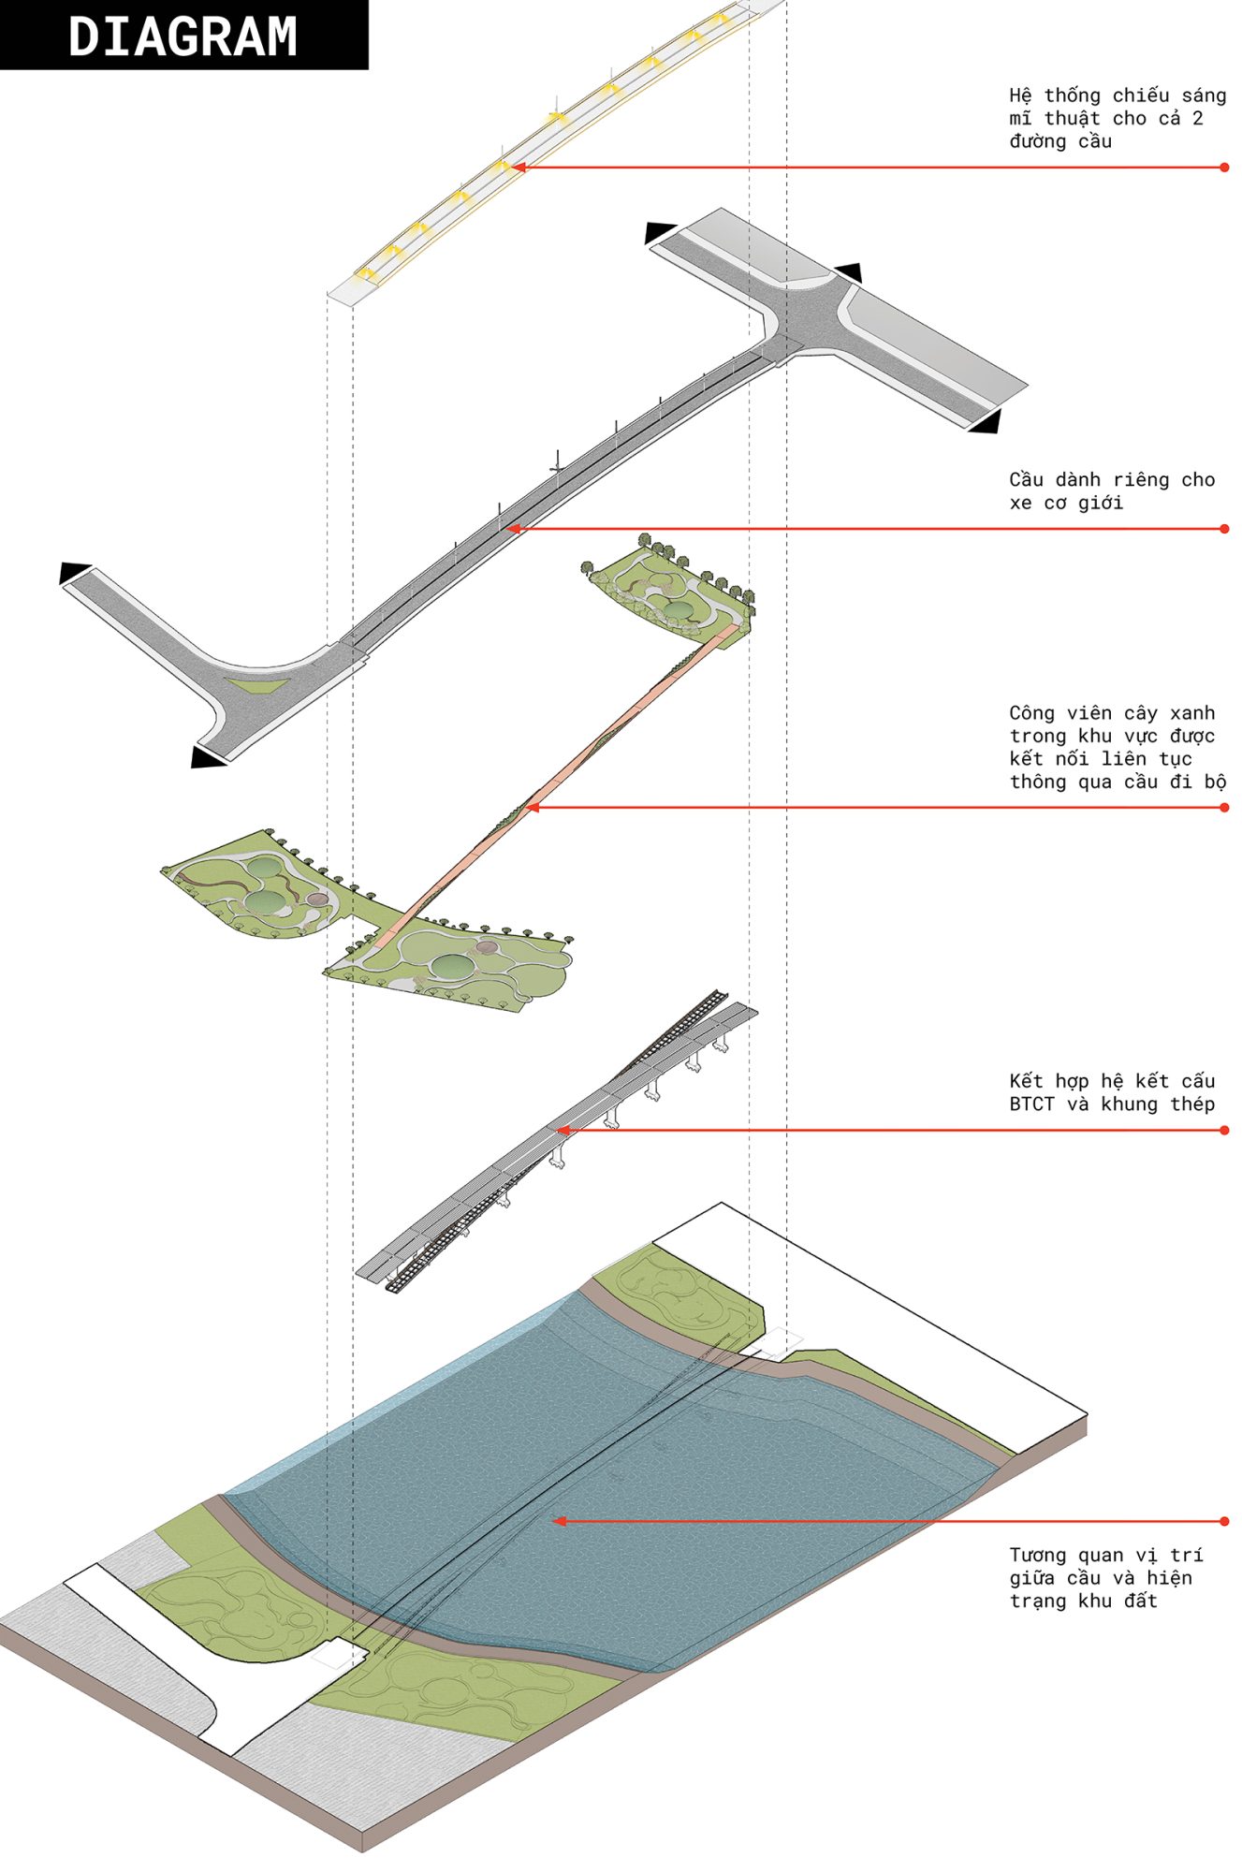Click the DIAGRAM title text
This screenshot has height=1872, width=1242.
pos(183,37)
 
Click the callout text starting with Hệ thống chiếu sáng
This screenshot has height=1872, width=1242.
pos(1118,118)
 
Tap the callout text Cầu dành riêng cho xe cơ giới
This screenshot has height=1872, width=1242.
pos(1112,490)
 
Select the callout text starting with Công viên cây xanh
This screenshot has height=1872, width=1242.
pos(1118,747)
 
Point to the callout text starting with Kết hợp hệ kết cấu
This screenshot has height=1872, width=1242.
pos(1112,1092)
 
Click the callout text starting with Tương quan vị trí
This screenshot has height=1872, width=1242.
pos(1106,1577)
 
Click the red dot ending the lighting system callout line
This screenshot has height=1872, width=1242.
pos(1224,168)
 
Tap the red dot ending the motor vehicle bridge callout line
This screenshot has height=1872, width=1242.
pos(1224,529)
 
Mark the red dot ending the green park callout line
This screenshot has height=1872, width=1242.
pos(1224,808)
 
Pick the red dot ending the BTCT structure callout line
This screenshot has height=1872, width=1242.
pos(1224,1130)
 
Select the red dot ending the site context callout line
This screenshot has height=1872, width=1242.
pos(1224,1521)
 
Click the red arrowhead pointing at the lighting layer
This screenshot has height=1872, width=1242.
pos(518,168)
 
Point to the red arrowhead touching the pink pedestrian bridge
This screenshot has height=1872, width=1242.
pos(533,808)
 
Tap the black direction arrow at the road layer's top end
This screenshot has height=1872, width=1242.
pos(659,232)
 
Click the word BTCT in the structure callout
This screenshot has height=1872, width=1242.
pos(1031,1104)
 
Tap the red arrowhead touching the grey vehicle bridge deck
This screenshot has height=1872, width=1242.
pos(514,529)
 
